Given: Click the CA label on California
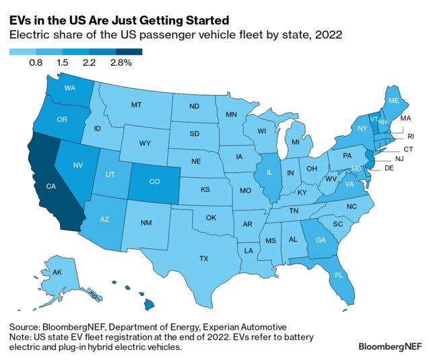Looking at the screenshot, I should (x=51, y=187).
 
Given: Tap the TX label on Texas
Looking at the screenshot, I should (x=203, y=258).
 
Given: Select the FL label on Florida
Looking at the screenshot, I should (x=339, y=275).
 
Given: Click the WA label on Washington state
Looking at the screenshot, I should (x=69, y=88).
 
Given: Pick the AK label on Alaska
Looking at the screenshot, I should (x=57, y=273).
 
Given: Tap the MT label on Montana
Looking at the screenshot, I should (x=136, y=106).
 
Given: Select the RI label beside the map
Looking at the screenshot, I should (x=410, y=136).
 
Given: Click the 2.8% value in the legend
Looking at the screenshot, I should (x=122, y=63).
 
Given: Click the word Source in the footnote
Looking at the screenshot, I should (x=26, y=326).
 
